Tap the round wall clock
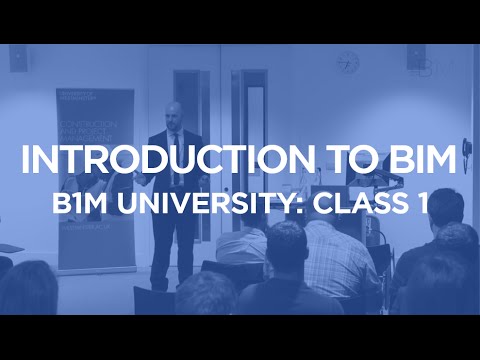[x=347, y=62]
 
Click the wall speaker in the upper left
[x=19, y=59]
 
